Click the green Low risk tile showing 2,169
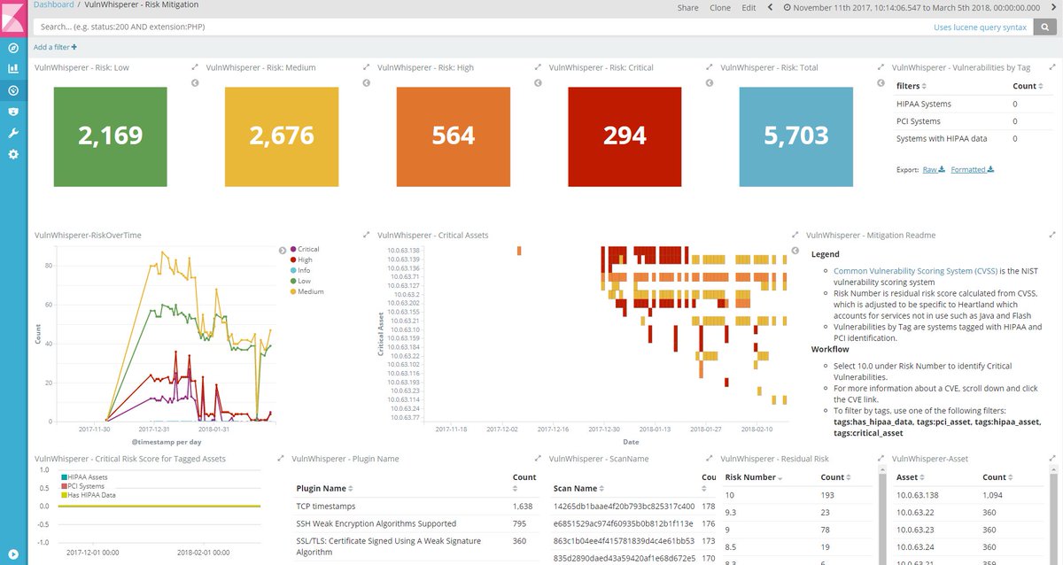(110, 135)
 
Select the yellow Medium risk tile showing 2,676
(282, 135)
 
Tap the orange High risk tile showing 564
(454, 135)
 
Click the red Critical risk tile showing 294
(625, 135)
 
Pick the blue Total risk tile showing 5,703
(796, 135)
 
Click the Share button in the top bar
(687, 7)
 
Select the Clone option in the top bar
(720, 7)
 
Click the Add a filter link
(55, 47)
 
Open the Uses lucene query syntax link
(980, 27)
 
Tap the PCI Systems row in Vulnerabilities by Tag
(918, 121)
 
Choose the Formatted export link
(972, 169)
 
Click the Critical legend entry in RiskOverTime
(308, 250)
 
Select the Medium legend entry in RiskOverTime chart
(310, 291)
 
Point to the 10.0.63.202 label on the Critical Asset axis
(403, 303)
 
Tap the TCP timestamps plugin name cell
(326, 507)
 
